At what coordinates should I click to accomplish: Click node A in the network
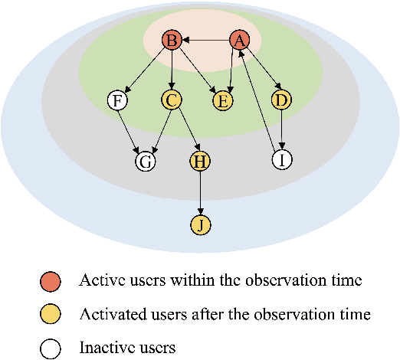point(240,41)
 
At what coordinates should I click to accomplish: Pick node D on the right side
point(282,100)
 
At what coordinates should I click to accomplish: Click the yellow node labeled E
point(224,100)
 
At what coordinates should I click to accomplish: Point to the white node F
point(118,100)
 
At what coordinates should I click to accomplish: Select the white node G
point(145,161)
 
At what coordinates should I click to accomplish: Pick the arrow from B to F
point(145,70)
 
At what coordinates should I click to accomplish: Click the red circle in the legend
point(51,281)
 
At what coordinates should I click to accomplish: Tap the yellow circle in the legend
point(51,315)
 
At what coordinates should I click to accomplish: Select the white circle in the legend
point(51,348)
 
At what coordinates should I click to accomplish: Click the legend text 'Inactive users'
point(127,348)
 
